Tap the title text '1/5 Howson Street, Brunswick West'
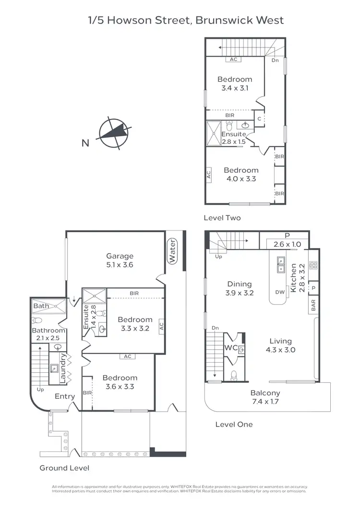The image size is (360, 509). [186, 20]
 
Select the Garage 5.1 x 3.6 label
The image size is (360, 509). [120, 260]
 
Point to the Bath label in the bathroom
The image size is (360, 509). [41, 306]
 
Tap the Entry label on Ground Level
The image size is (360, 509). [65, 396]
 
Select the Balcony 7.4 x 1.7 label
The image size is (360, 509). [265, 397]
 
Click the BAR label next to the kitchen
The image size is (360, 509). [313, 306]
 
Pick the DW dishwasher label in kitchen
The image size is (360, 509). [280, 292]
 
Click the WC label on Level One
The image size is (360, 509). [230, 346]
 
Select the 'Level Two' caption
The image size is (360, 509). [222, 218]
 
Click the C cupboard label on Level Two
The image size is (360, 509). [259, 118]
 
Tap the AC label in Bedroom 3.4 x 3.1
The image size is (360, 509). [234, 59]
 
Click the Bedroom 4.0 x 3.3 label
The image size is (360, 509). [241, 174]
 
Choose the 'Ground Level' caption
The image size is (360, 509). [64, 468]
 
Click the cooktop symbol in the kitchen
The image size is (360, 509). [313, 264]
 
